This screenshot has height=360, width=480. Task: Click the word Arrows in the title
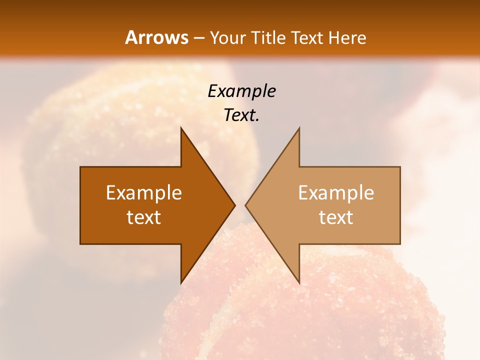coord(156,37)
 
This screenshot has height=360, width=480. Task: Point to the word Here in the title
coord(348,37)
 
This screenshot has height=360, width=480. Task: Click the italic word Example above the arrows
coord(241,91)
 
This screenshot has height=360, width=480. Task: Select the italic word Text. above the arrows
coord(241,115)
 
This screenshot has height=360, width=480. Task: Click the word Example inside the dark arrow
coord(144,193)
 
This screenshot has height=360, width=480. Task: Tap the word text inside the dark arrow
coord(144,217)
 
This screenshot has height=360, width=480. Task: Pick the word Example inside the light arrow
coord(336,193)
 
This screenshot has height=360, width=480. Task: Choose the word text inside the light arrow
coord(336,217)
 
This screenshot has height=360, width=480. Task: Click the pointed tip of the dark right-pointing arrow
coord(235,205)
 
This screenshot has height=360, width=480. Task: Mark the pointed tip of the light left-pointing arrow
coord(245,205)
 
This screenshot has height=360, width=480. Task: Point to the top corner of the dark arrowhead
coord(181,128)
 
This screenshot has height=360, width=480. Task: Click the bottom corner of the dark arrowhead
coord(181,283)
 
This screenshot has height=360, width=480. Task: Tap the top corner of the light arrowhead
coord(299,128)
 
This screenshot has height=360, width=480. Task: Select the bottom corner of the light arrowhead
coord(299,283)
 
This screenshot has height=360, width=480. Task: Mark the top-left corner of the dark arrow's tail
coord(80,167)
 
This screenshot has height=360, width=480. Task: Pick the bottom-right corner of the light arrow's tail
coord(400,243)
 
